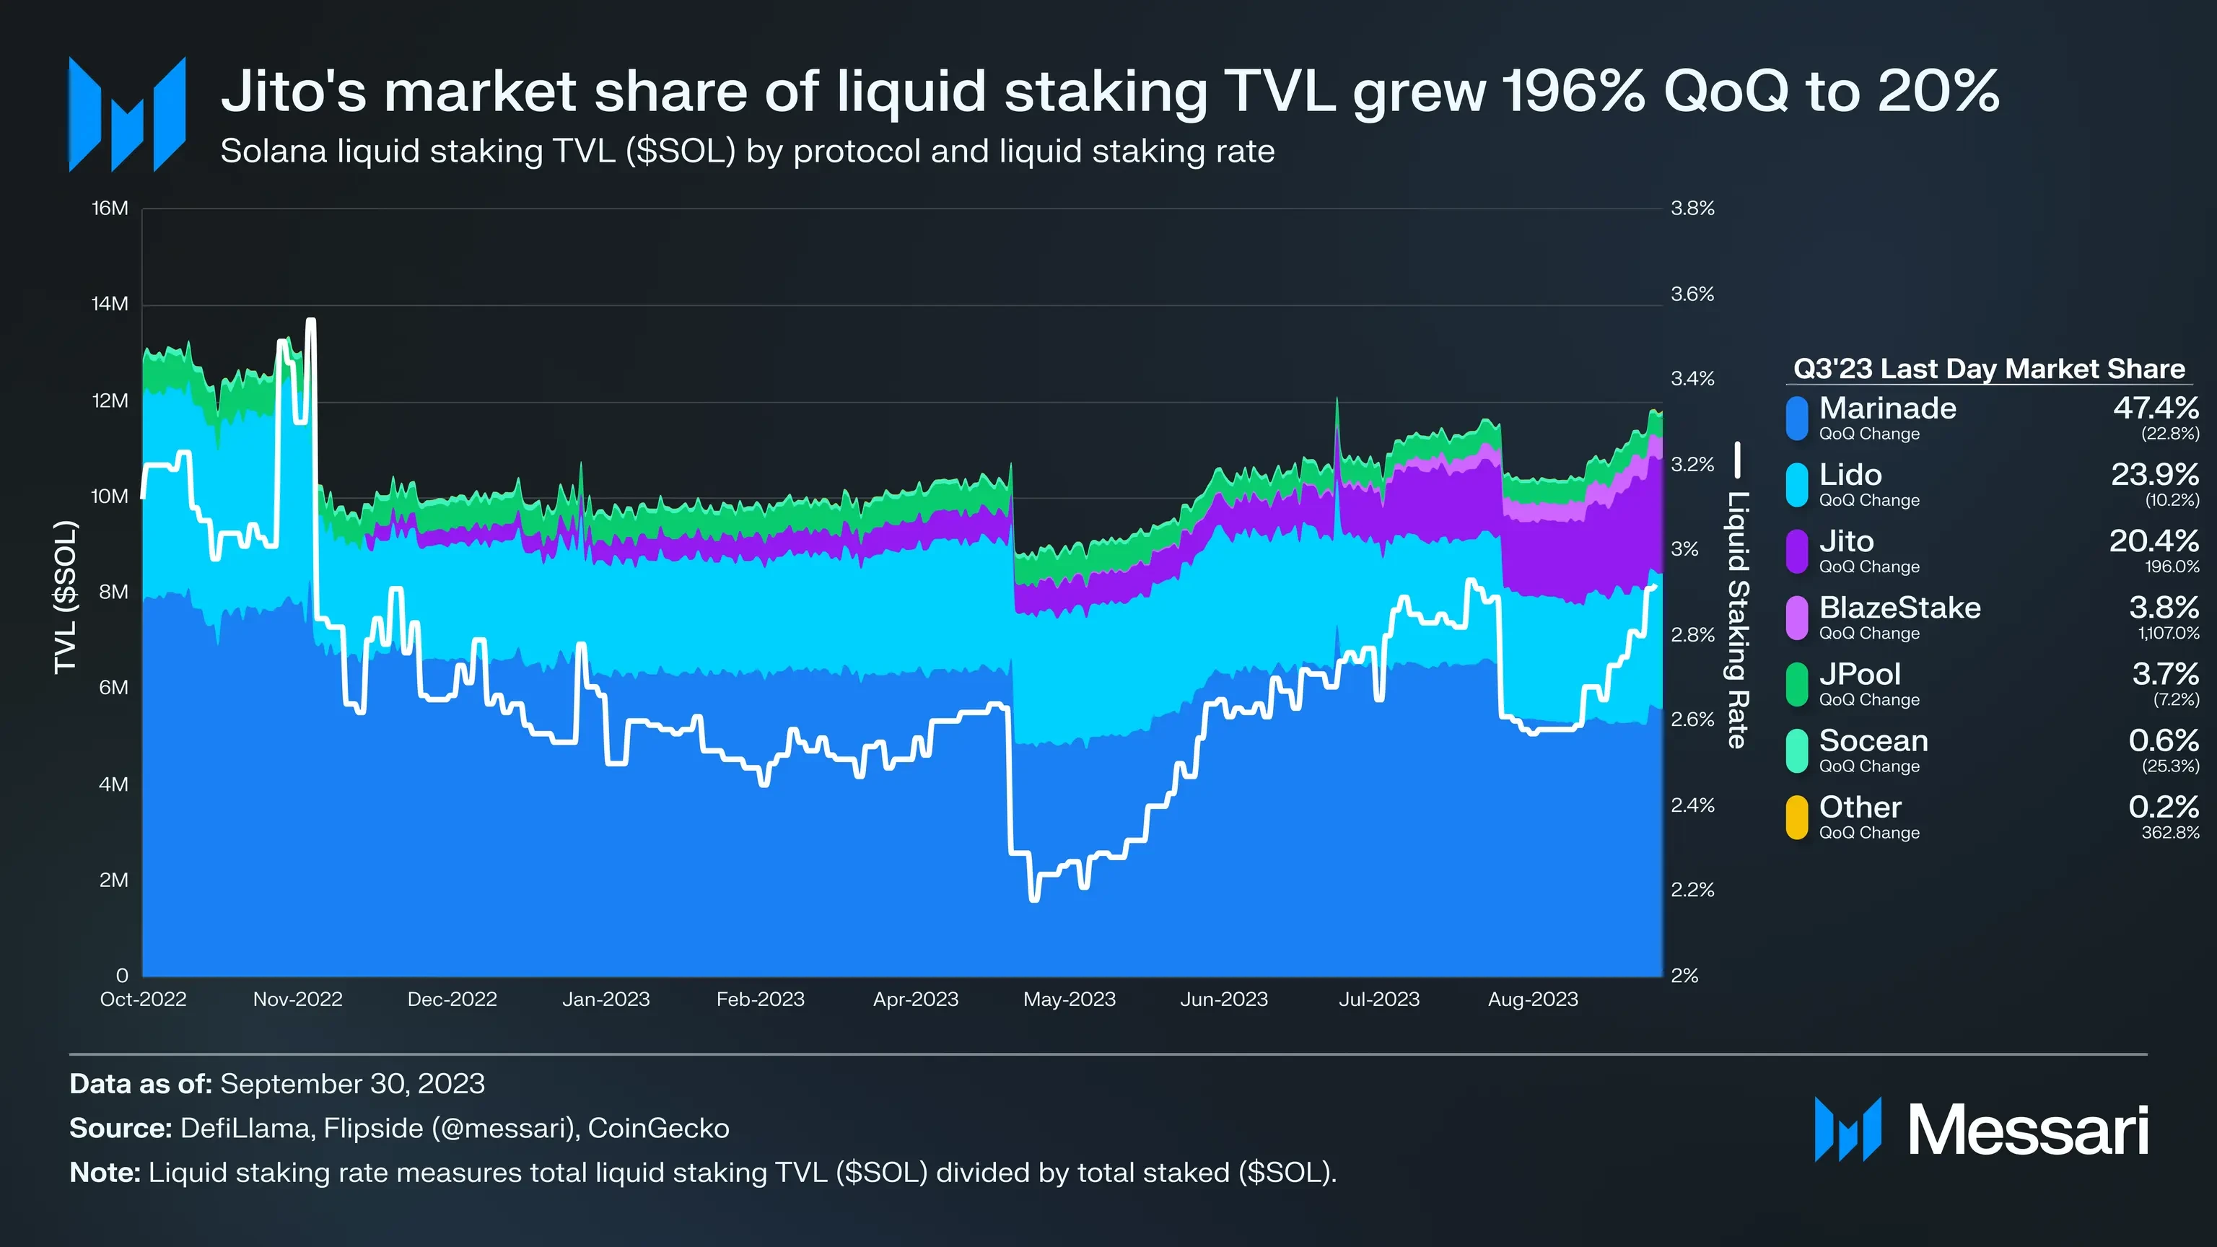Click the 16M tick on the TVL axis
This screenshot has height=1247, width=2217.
(x=110, y=209)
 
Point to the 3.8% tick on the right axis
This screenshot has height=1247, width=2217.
(x=1692, y=209)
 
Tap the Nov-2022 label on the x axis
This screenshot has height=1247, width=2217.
(x=298, y=999)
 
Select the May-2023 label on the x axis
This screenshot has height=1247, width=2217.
(x=1069, y=999)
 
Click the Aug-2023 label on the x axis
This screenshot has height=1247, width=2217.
(x=1533, y=999)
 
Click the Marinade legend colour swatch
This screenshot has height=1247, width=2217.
(x=1797, y=419)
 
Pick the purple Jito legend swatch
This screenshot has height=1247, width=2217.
(x=1797, y=551)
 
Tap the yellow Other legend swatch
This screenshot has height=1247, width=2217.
(x=1797, y=817)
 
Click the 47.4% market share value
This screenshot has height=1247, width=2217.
(x=2155, y=408)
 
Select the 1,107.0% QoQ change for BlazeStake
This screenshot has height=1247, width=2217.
(x=2168, y=634)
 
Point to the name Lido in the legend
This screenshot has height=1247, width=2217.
(x=1850, y=475)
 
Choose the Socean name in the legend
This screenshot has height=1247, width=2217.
(x=1873, y=741)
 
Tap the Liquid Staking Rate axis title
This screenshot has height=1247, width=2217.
(x=1738, y=620)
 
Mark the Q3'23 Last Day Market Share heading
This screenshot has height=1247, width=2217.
(x=1988, y=369)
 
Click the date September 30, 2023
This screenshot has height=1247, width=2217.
(x=352, y=1083)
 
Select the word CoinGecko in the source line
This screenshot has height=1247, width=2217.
(x=658, y=1128)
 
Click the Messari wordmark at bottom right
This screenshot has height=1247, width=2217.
(x=2028, y=1130)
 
